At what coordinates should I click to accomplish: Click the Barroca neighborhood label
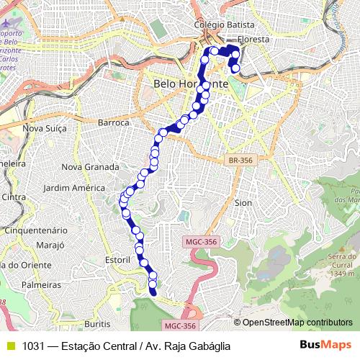point(112,123)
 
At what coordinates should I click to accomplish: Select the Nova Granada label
point(91,167)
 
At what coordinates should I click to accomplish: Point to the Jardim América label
point(74,188)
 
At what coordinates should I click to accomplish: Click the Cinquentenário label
point(37,230)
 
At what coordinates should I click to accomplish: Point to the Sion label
point(243,203)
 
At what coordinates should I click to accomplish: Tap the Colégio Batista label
point(222,24)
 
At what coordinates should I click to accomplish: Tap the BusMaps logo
point(326,346)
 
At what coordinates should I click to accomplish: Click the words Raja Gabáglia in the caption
point(194,346)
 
